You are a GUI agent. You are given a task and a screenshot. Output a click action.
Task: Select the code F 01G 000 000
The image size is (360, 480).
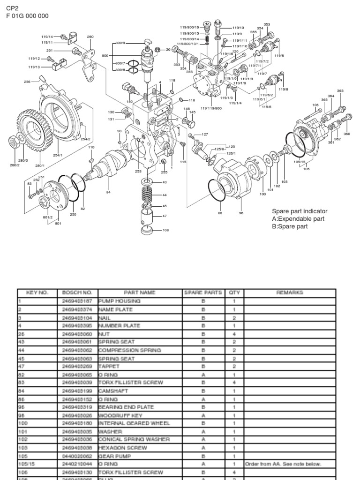[27, 16]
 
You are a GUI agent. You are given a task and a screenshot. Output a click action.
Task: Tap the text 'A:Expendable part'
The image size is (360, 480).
[298, 219]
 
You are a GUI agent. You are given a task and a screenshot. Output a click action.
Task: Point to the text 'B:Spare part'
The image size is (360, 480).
[290, 226]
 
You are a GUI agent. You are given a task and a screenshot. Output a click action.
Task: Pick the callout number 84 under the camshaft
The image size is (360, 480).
[108, 192]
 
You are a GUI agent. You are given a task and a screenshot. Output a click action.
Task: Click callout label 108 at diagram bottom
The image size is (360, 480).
[165, 230]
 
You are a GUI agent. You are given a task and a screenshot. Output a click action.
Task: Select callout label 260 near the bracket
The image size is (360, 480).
[90, 37]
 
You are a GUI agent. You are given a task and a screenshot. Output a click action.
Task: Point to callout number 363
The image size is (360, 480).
[340, 91]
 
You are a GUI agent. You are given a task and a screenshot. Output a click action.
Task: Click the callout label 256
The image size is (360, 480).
[27, 82]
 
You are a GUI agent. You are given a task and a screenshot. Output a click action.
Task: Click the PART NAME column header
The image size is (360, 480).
[139, 292]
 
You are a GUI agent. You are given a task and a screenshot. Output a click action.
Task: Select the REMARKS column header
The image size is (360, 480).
[290, 292]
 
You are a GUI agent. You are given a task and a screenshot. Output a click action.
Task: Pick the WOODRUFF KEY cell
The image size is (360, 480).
[115, 415]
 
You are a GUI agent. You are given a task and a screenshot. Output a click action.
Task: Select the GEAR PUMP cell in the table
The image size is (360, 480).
[111, 455]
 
